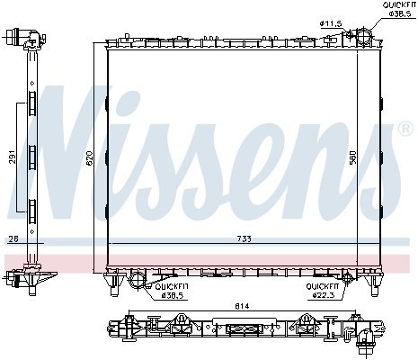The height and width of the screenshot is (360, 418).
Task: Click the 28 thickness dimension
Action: point(11,238)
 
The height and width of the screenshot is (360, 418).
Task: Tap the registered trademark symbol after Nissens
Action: point(406,130)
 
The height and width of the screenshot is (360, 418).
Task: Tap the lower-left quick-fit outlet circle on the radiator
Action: point(138,278)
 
